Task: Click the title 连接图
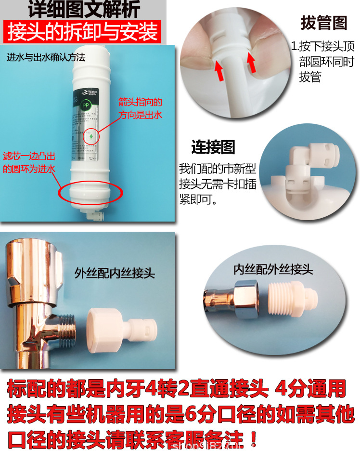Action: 213,147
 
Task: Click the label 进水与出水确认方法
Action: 46,57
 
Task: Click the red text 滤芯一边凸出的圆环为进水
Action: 30,161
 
